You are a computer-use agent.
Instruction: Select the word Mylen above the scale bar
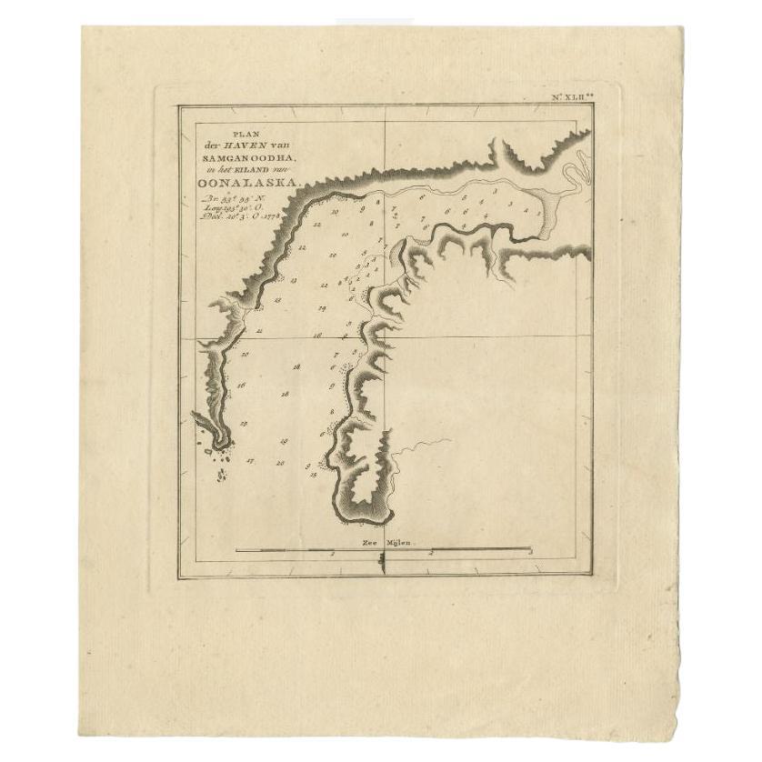coord(398,542)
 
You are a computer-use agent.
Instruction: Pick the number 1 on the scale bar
coord(334,553)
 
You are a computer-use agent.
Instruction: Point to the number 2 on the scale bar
coord(432,553)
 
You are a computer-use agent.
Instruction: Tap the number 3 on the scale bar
coord(529,553)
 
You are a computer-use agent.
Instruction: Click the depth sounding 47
coord(250,462)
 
